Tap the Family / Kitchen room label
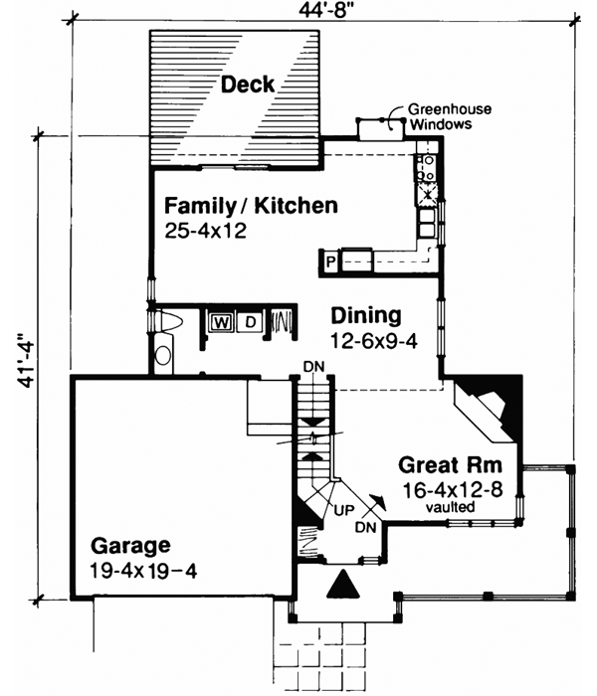tap(251, 207)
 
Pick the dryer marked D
tap(250, 321)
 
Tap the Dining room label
tap(365, 316)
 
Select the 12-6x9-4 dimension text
tap(366, 340)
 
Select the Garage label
tap(130, 545)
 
